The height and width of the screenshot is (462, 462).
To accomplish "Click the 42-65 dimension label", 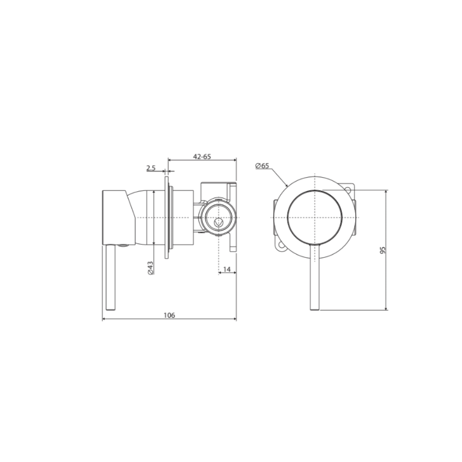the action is pyautogui.click(x=202, y=157).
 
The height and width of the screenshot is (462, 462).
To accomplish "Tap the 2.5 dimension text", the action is pyautogui.click(x=151, y=168).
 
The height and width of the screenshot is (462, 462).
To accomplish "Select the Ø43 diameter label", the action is pyautogui.click(x=150, y=267).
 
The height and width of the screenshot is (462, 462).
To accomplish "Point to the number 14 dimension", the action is pyautogui.click(x=227, y=269).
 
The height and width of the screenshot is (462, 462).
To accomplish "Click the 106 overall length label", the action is pyautogui.click(x=169, y=315).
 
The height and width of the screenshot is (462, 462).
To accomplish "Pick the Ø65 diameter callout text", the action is pyautogui.click(x=262, y=166).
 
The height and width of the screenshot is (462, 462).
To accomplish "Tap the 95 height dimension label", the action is pyautogui.click(x=382, y=250).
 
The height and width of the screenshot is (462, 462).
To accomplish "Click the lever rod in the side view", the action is pyautogui.click(x=110, y=277).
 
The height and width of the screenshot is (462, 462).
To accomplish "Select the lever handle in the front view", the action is pyautogui.click(x=315, y=277).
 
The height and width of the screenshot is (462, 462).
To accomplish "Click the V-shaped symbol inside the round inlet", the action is pyautogui.click(x=218, y=222).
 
